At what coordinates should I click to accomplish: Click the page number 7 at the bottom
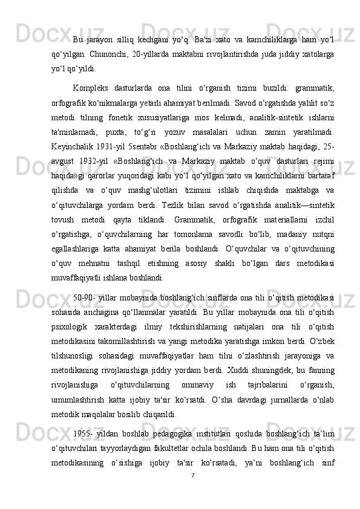coord(192,493)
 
